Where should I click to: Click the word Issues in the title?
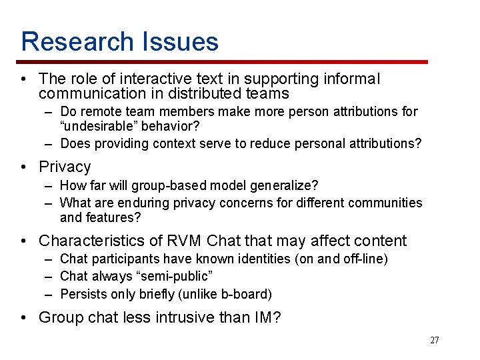179,41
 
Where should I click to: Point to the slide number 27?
435,341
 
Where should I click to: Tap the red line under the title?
227,62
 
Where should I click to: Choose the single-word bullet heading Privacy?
65,167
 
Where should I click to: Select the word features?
111,217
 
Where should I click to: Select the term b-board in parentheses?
246,293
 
